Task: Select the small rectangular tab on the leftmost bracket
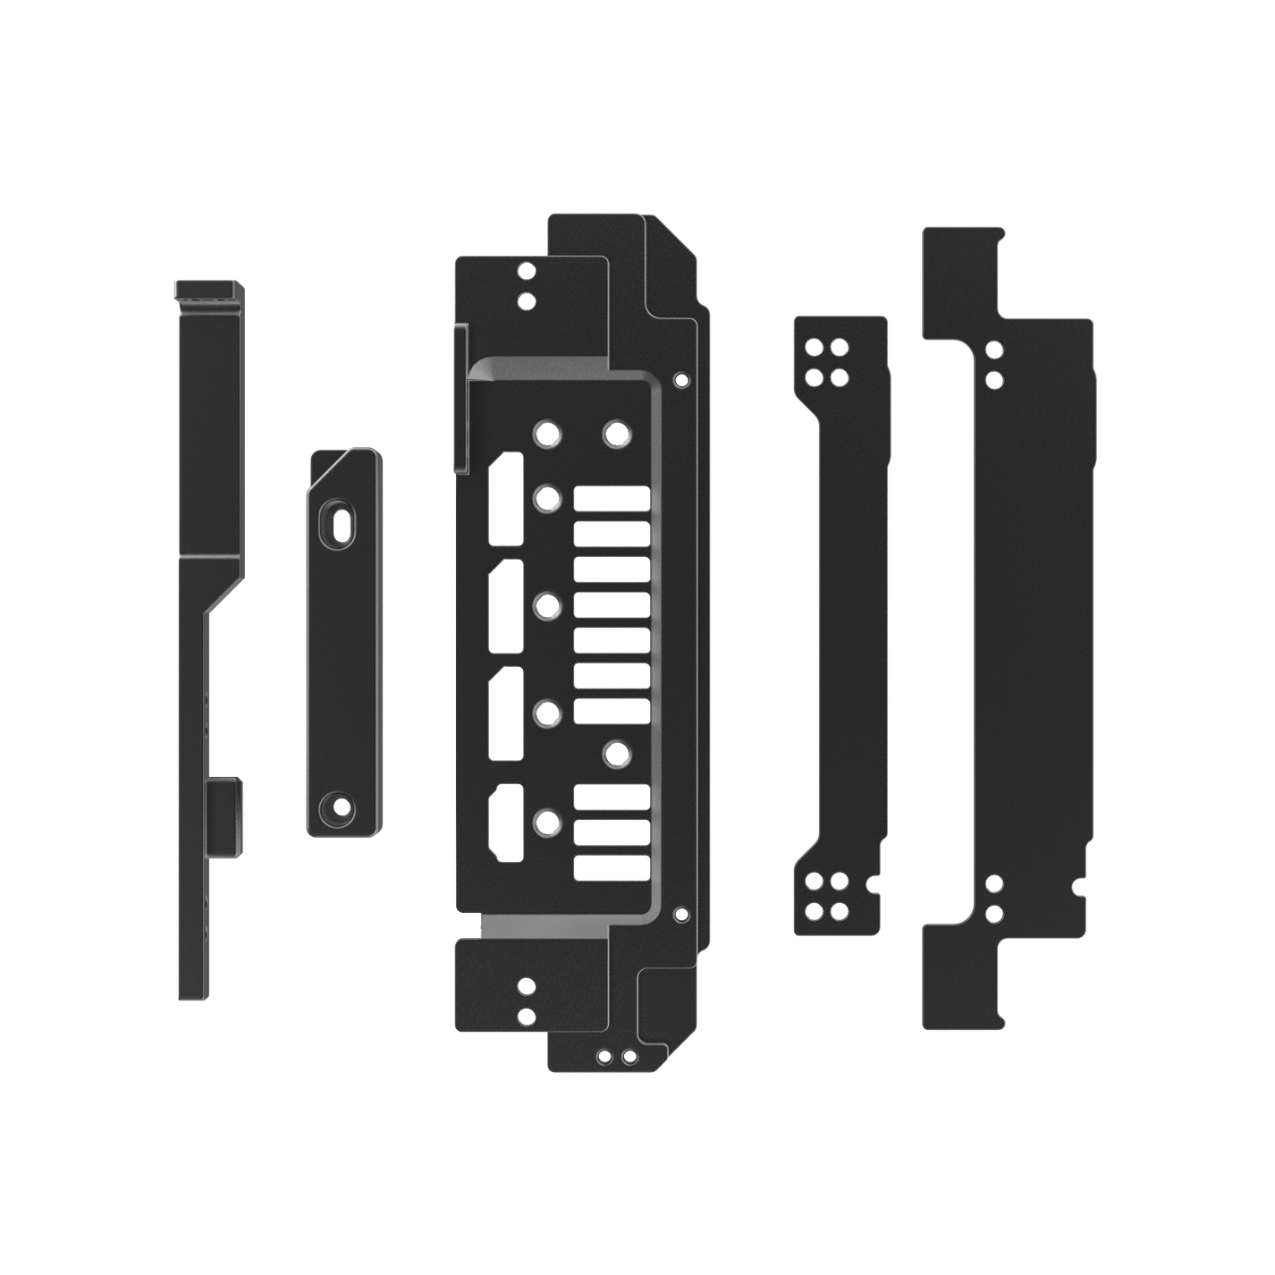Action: click(224, 816)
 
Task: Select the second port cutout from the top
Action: click(507, 606)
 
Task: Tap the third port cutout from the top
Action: click(507, 713)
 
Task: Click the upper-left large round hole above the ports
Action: click(546, 435)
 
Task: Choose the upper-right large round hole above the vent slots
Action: click(615, 435)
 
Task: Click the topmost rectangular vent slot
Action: click(611, 499)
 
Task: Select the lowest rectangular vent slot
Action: click(611, 866)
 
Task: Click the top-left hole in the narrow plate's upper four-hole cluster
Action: click(815, 346)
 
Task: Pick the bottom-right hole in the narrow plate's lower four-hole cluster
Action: click(839, 911)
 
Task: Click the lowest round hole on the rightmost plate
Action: click(993, 914)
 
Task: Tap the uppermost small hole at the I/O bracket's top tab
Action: click(527, 270)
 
